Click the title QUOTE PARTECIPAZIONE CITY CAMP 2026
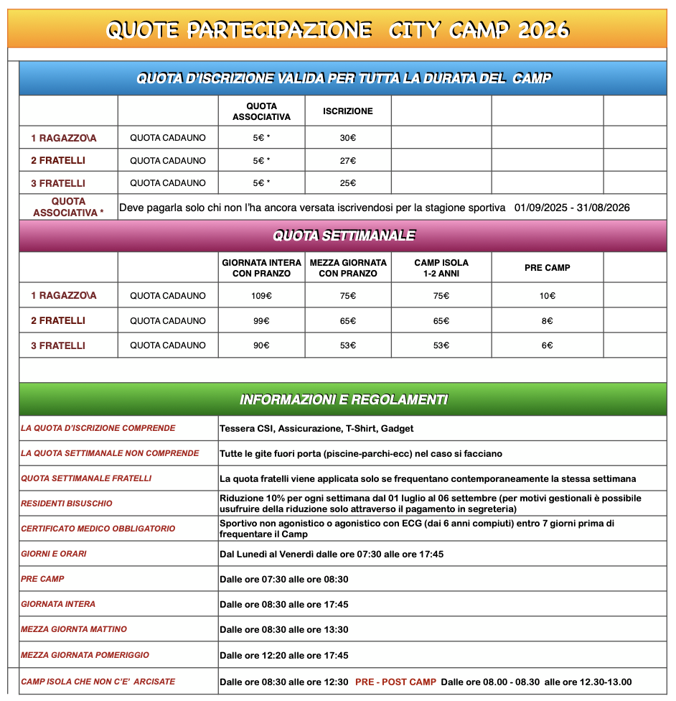[x=337, y=29]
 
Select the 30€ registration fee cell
[x=348, y=138]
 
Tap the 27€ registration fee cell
[x=348, y=160]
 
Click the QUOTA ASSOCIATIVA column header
[x=262, y=111]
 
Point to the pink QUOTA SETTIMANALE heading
[x=343, y=236]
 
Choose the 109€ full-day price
[x=262, y=295]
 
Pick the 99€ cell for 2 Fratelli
[x=262, y=320]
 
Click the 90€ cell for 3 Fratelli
[x=262, y=345]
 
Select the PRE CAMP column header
[x=547, y=268]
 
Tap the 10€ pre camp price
[x=547, y=295]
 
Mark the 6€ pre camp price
[x=547, y=345]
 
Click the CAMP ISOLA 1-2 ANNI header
[x=441, y=268]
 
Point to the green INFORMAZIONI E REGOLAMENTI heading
[x=343, y=399]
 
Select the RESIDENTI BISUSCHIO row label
[x=67, y=503]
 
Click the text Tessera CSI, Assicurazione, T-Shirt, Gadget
[x=316, y=429]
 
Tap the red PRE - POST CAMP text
[x=395, y=682]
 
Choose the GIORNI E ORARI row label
[x=54, y=554]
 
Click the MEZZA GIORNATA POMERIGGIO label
[x=85, y=655]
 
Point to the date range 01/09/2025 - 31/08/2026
[x=572, y=208]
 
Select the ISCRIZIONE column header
[x=348, y=111]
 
